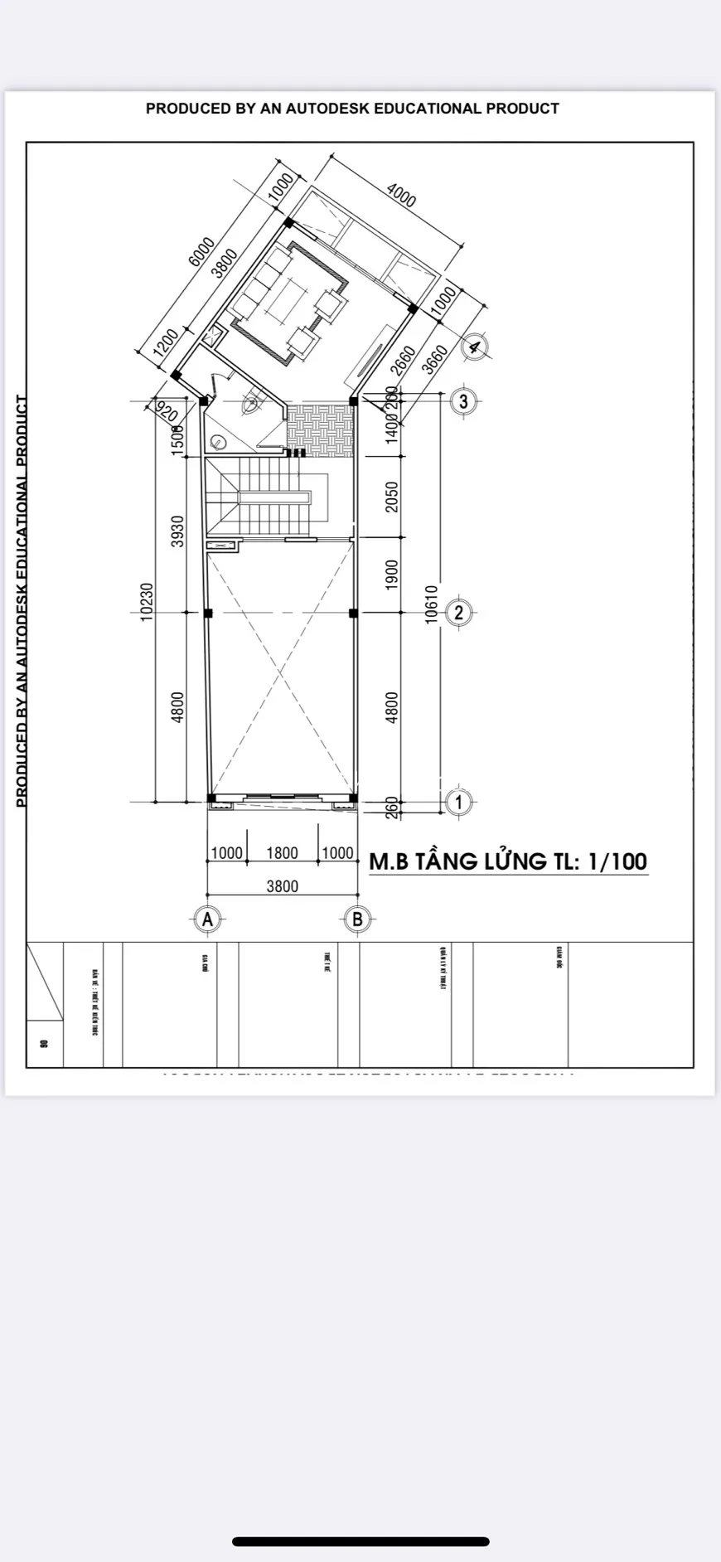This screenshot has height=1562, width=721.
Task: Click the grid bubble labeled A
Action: tap(207, 919)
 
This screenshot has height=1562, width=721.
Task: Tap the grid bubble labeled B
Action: tap(357, 919)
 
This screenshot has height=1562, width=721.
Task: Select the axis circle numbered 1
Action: tap(459, 802)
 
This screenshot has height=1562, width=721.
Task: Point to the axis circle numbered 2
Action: tap(459, 613)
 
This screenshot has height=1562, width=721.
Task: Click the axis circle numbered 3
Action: tap(463, 401)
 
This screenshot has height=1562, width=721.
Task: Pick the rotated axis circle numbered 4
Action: tap(474, 347)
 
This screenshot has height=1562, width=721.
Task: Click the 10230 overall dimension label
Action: tap(146, 601)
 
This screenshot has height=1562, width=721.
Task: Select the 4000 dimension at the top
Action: tap(401, 196)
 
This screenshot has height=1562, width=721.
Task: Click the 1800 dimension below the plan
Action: tap(282, 853)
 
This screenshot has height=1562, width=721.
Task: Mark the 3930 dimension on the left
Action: tap(177, 531)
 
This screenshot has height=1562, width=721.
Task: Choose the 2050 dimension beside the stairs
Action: tap(392, 497)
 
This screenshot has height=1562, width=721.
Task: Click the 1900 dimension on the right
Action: tap(392, 575)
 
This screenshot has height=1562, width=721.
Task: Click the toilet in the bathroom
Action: tap(249, 404)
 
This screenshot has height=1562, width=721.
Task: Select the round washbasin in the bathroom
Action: tap(220, 442)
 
